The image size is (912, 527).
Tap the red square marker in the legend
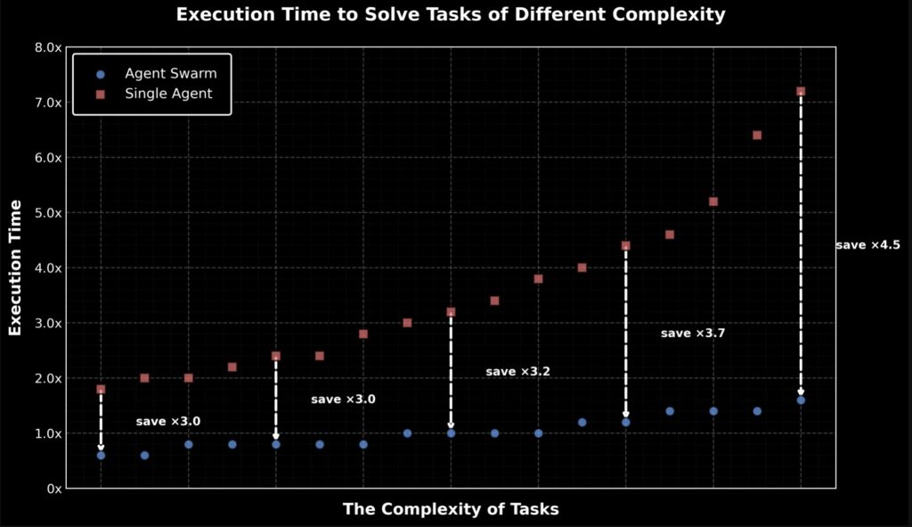coord(101,94)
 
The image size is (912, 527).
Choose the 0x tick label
coord(53,489)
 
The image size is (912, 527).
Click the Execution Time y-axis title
coord(15,268)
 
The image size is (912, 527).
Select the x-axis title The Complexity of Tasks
coord(451,509)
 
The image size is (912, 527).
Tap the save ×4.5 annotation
coord(867,245)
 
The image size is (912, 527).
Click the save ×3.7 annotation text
coord(693,333)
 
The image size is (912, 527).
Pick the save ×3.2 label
coord(517,371)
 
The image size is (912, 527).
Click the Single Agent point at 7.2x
coord(801,91)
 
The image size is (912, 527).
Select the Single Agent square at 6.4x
coord(757,136)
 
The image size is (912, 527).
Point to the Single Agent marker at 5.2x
coord(713,202)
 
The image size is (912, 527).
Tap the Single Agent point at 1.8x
coord(101,389)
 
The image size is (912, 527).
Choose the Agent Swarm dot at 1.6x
coord(801,400)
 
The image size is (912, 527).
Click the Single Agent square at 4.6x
coord(670,235)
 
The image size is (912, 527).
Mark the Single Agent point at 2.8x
coord(363,333)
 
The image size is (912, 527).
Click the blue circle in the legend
coord(101,74)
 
